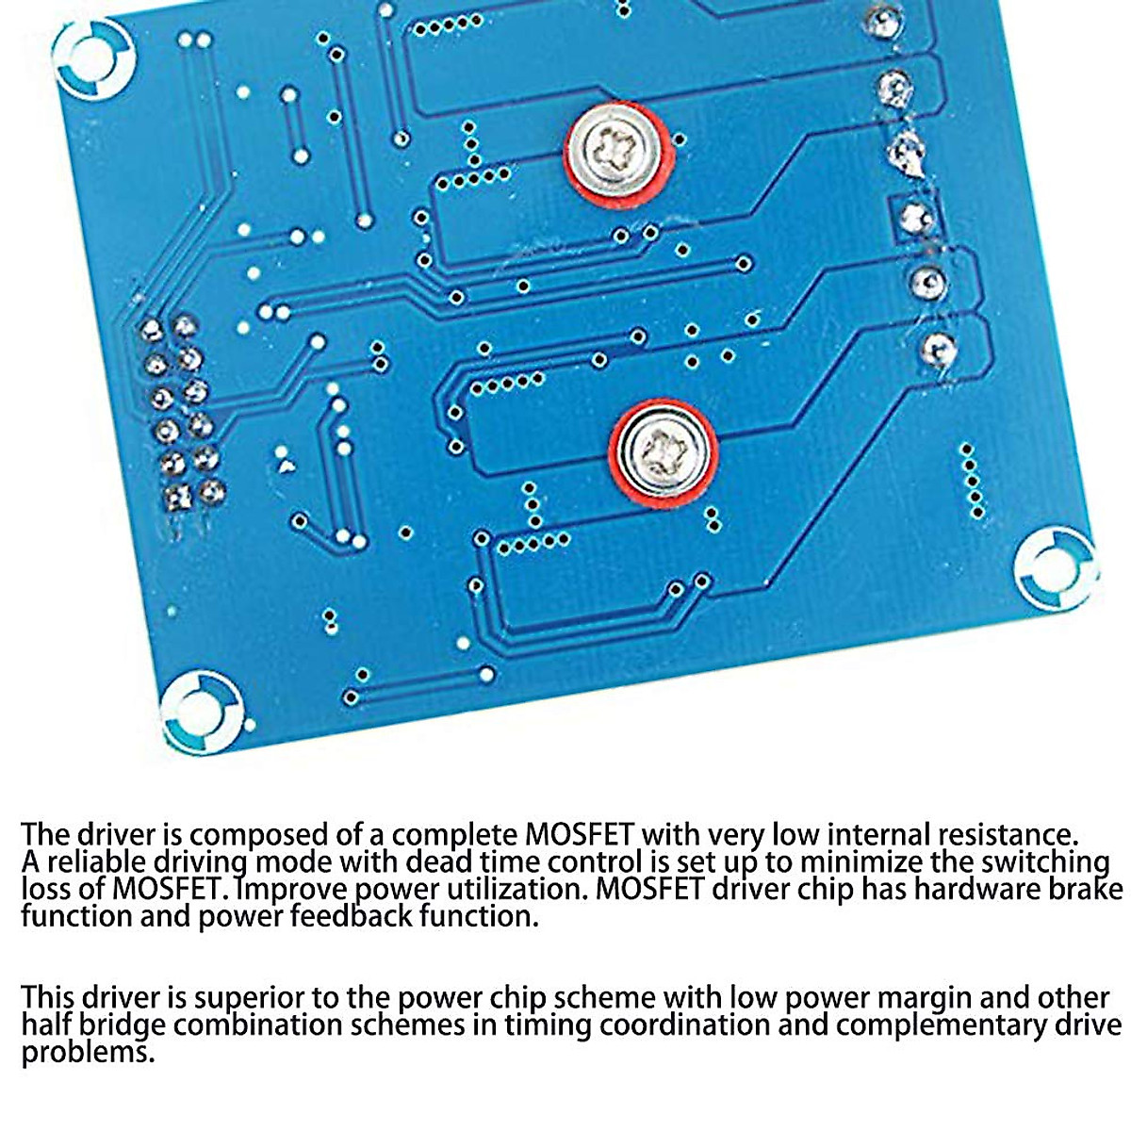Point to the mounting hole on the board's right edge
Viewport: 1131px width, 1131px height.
click(x=1056, y=566)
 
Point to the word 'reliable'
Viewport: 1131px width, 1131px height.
click(x=97, y=862)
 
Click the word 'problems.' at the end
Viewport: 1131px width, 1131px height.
click(x=87, y=1052)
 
